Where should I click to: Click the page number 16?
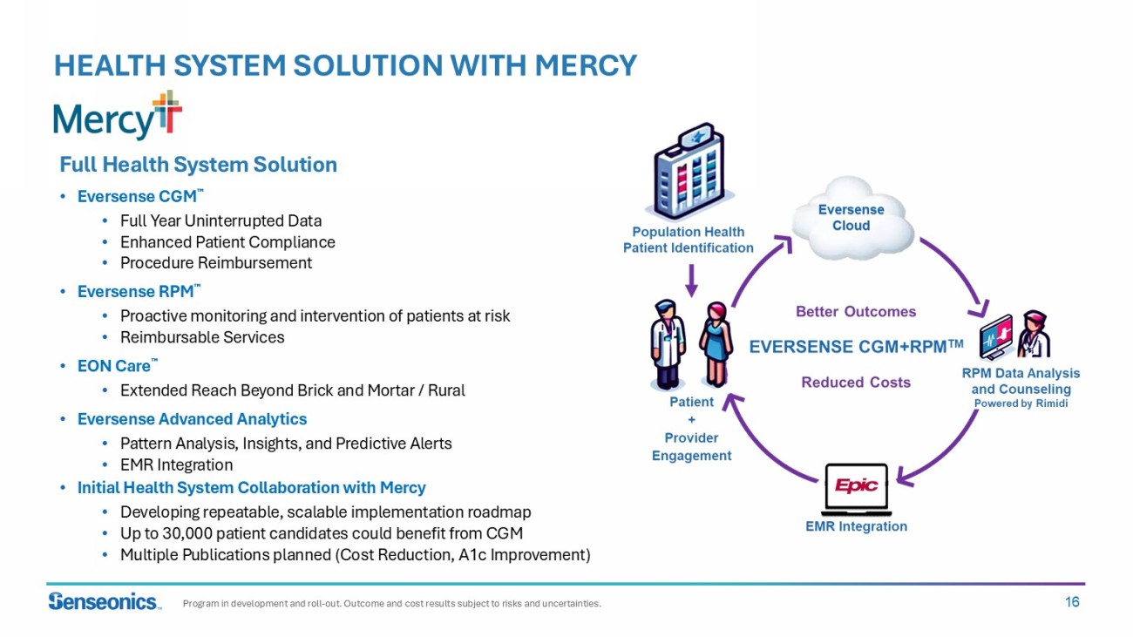coord(1071,601)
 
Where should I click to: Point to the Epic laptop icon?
coord(856,488)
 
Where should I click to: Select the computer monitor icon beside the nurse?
coord(996,338)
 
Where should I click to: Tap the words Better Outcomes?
coord(856,311)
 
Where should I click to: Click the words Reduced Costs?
coord(856,382)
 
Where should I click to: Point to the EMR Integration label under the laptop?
coord(856,526)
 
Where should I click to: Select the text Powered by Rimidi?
coord(1021,403)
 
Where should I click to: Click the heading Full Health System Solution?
coord(198,165)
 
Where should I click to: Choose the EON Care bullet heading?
coord(114,367)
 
